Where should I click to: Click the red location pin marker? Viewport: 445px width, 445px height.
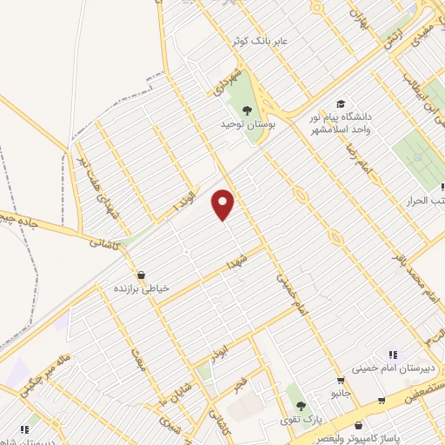[223, 204]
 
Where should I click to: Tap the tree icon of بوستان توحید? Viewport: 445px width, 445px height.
[248, 110]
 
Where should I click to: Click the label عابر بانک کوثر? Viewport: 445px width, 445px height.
[258, 41]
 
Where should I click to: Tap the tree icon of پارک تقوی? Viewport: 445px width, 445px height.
[301, 406]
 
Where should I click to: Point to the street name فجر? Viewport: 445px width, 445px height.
[241, 383]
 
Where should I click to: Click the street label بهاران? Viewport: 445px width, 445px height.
[359, 17]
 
